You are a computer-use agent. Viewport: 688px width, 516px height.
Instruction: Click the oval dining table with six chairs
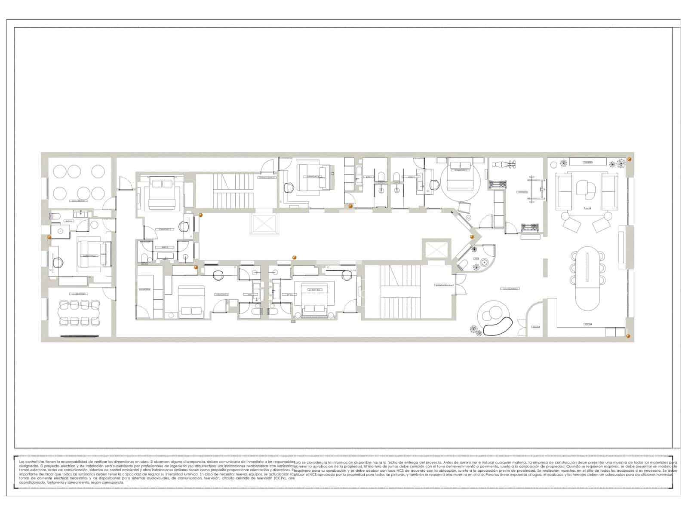coord(587,277)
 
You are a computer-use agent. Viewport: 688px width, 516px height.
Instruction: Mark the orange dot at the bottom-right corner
coord(628,335)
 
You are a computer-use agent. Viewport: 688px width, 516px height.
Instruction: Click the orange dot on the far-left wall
coord(49,237)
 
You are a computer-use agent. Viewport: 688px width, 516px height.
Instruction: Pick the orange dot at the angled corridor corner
coord(472,237)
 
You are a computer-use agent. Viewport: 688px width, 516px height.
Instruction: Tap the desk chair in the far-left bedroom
coord(58,262)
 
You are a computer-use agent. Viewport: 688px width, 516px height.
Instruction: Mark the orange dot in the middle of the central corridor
coord(295,257)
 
